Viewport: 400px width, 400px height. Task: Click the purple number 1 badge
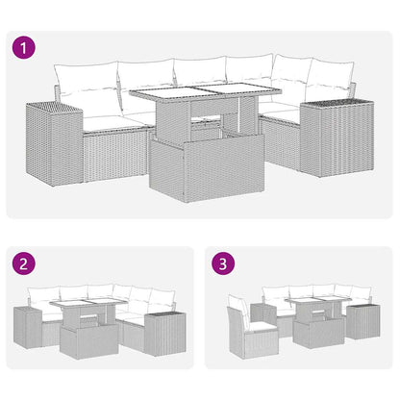(x=24, y=46)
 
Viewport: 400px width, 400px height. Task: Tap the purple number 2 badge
(x=23, y=262)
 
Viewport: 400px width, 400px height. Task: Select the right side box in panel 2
(x=162, y=328)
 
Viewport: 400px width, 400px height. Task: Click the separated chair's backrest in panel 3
(x=236, y=314)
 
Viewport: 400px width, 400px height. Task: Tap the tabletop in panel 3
(x=311, y=305)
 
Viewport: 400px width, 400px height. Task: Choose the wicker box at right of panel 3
(x=363, y=321)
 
